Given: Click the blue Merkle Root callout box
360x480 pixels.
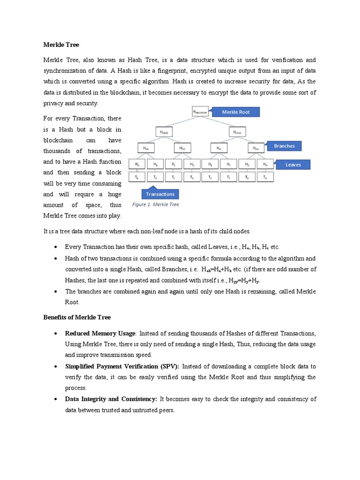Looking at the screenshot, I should click(235, 112).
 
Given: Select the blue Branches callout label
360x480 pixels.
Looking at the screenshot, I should click(284, 146).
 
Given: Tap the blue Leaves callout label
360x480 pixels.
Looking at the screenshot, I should click(293, 165).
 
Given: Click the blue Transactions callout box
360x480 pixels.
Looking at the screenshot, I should click(160, 194).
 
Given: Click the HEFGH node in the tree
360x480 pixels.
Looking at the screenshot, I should click(238, 133).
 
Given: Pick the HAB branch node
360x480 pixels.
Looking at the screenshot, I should click(146, 148).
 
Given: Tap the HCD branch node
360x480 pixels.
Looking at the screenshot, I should click(182, 148).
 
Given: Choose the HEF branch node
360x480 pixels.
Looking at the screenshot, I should click(219, 148).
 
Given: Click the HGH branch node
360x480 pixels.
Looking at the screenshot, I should click(256, 148).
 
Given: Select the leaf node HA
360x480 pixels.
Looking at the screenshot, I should click(137, 165).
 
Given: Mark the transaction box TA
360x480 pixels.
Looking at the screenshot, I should click(137, 177).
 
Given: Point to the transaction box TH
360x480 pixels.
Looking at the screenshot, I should click(265, 177).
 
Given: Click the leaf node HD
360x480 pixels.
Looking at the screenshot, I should click(192, 165).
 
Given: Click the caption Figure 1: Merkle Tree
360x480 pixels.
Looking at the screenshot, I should click(155, 204).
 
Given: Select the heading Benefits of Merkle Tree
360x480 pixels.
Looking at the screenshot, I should click(77, 317).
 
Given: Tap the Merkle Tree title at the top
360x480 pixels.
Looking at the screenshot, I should click(61, 45).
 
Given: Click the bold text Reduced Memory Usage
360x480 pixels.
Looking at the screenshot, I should click(100, 333).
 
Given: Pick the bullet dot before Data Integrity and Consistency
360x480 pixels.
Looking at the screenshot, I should click(56, 399).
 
